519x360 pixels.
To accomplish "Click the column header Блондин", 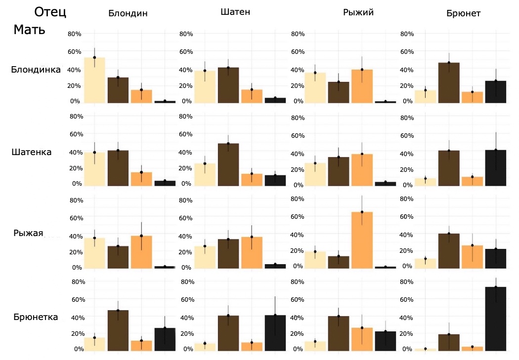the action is [128, 13].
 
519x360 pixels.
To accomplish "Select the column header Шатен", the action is [235, 12].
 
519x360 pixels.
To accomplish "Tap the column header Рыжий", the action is [358, 12].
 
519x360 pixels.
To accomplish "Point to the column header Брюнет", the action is [463, 13].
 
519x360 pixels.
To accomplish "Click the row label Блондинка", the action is [36, 70].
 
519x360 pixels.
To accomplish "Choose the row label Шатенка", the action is [32, 152].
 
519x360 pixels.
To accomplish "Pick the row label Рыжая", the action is [28, 233].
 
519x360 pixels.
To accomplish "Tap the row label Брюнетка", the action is [36, 317].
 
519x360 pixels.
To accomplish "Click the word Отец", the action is [50, 12].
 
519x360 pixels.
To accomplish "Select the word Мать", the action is [29, 30].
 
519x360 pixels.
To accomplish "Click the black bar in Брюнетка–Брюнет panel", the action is [495, 319].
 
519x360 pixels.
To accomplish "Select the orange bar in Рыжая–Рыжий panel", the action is [362, 240].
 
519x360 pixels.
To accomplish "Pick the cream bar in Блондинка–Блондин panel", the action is [94, 80].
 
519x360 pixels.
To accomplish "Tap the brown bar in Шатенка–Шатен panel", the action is [228, 164].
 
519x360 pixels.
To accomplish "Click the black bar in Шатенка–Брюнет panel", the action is [495, 168].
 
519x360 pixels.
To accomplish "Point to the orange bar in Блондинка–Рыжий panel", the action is [362, 86].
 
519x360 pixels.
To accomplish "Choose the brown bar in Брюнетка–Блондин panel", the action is [118, 330].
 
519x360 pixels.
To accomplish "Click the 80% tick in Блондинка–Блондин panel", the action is [75, 34].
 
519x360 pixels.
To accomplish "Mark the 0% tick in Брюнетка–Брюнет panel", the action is [407, 349].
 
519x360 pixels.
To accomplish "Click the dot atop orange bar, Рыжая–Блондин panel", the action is [141, 236].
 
